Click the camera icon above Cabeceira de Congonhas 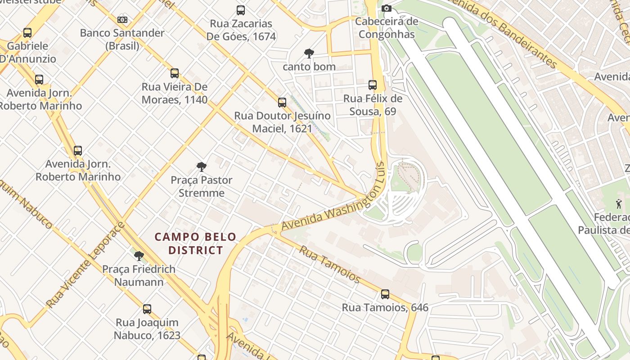click(386, 8)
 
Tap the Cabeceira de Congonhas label click(387, 28)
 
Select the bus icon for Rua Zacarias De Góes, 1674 click(241, 10)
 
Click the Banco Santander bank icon click(122, 20)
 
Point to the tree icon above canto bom click(309, 54)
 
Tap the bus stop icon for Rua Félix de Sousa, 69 click(373, 85)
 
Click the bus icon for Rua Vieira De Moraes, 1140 click(175, 73)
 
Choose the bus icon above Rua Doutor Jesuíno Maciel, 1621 click(282, 103)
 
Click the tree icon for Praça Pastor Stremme click(202, 167)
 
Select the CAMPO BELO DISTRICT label click(196, 243)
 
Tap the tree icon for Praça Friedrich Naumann click(139, 256)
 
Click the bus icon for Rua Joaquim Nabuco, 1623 click(147, 309)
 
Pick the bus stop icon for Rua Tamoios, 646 click(385, 294)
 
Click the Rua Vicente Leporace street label click(85, 265)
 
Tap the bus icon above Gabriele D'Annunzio click(27, 33)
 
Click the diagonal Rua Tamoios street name click(329, 264)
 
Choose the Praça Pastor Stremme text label click(202, 186)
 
